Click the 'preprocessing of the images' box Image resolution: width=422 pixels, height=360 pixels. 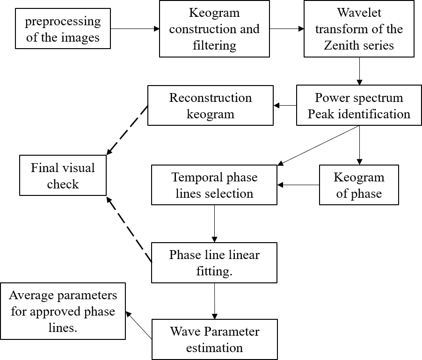(63, 29)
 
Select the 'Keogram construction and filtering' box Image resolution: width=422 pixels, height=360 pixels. (214, 29)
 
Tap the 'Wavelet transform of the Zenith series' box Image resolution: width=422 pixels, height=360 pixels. (359, 29)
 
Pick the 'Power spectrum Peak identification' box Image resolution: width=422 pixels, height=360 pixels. (359, 106)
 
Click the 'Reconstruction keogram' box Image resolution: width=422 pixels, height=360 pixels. (210, 106)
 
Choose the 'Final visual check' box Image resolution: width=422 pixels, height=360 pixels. (63, 175)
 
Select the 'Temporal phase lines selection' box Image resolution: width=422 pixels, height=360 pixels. (214, 185)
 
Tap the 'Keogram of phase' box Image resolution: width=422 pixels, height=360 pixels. (359, 185)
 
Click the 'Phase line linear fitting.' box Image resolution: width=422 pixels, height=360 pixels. (214, 262)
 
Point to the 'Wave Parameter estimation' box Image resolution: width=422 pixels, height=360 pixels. (214, 339)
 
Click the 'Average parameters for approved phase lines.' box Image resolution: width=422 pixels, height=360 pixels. (63, 311)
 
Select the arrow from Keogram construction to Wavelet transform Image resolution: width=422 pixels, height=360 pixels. (287, 29)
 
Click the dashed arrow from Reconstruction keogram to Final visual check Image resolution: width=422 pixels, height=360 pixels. (128, 130)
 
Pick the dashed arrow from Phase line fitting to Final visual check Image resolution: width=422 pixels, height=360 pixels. (130, 229)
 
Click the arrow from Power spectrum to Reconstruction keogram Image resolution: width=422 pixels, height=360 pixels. (285, 106)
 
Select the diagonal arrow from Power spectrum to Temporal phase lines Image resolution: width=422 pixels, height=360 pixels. (318, 145)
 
